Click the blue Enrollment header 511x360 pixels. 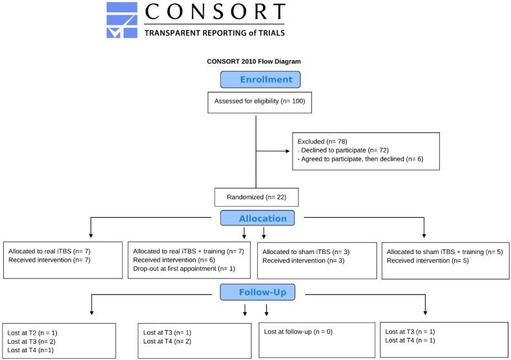click(260, 79)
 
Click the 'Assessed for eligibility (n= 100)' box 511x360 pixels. click(256, 101)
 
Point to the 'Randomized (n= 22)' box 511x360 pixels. click(256, 196)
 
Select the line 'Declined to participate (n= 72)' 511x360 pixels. click(343, 150)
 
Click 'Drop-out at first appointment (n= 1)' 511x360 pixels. click(183, 268)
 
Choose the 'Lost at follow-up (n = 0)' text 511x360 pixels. click(300, 331)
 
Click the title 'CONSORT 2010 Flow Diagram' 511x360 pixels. click(254, 61)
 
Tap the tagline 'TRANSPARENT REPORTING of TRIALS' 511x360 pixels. click(214, 32)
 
